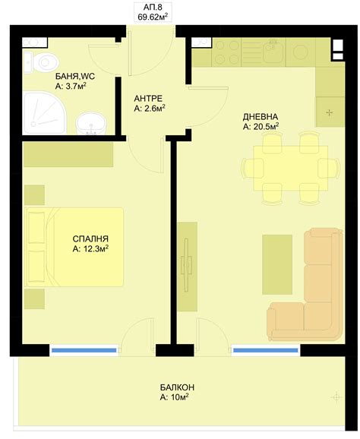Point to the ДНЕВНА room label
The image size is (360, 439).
click(x=261, y=116)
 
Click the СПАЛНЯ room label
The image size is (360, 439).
click(x=90, y=237)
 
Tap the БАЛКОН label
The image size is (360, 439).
click(x=174, y=386)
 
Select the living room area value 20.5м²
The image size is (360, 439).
click(x=261, y=127)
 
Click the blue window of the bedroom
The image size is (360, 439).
click(x=84, y=350)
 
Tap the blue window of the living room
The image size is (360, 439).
click(x=265, y=350)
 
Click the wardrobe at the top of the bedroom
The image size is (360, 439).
click(x=68, y=154)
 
